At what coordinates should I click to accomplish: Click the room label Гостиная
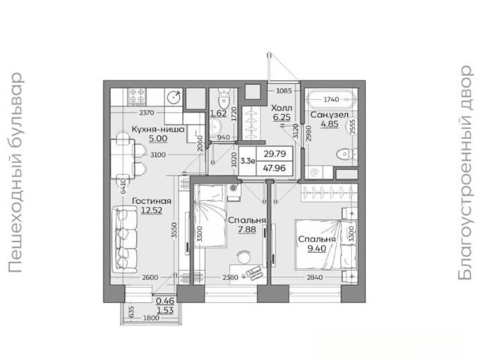pyautogui.click(x=151, y=201)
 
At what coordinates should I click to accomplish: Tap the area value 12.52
pyautogui.click(x=151, y=211)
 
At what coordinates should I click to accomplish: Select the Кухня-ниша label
pyautogui.click(x=158, y=129)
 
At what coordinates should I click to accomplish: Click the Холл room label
pyautogui.click(x=282, y=108)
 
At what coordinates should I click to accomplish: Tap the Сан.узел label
pyautogui.click(x=329, y=115)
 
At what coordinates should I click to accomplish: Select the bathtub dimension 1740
pyautogui.click(x=331, y=99)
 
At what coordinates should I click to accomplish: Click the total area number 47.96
pyautogui.click(x=274, y=168)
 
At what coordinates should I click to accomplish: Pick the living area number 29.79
pyautogui.click(x=274, y=154)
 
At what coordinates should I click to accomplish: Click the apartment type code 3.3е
pyautogui.click(x=247, y=161)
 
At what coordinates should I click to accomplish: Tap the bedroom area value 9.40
pyautogui.click(x=316, y=248)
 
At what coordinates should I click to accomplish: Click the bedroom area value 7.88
pyautogui.click(x=247, y=229)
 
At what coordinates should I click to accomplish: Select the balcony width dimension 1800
pyautogui.click(x=151, y=318)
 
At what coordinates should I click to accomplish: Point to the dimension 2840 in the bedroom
pyautogui.click(x=315, y=277)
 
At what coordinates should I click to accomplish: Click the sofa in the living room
pyautogui.click(x=124, y=239)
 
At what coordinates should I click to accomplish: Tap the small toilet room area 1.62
pyautogui.click(x=218, y=113)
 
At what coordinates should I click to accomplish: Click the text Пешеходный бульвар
pyautogui.click(x=15, y=172)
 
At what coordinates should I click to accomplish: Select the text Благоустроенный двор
pyautogui.click(x=466, y=172)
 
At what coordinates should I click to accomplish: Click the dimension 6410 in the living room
pyautogui.click(x=123, y=186)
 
